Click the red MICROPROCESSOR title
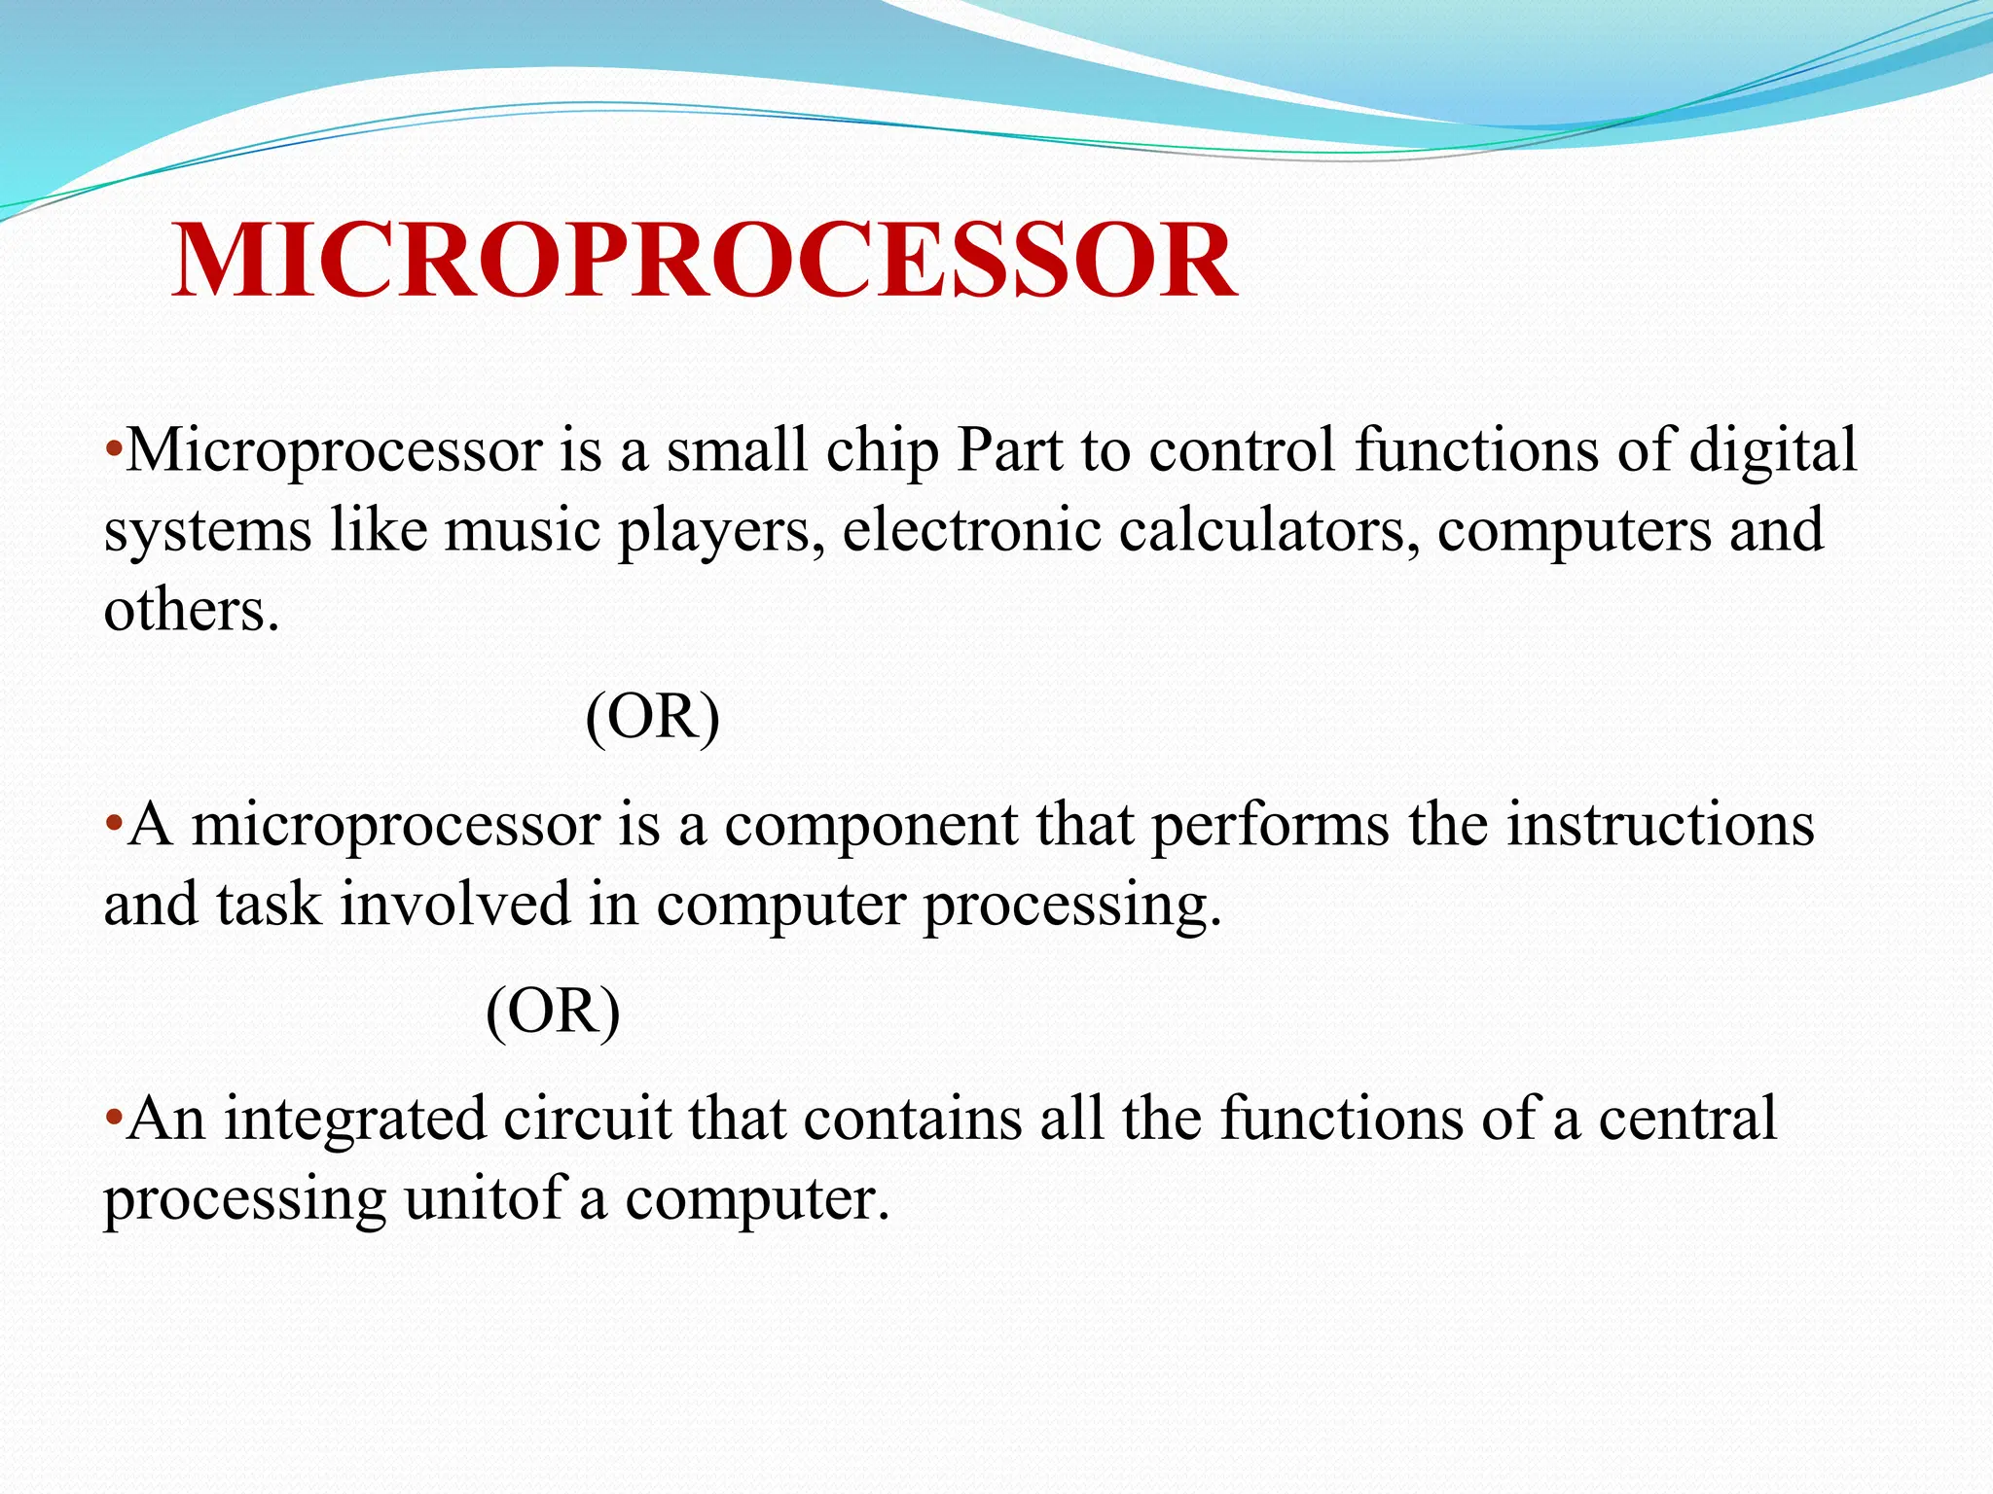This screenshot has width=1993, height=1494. tap(705, 261)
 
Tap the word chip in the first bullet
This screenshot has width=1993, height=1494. tap(883, 451)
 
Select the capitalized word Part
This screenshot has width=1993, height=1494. tap(1009, 451)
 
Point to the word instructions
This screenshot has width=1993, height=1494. tap(1660, 826)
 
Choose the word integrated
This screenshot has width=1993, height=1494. tap(355, 1119)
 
